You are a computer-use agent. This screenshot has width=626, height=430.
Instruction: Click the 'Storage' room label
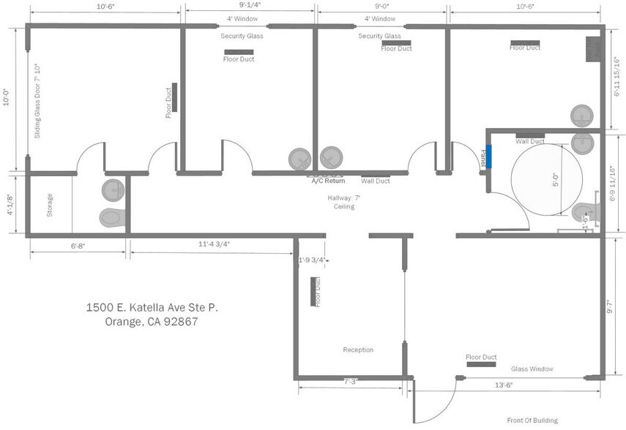tap(50, 205)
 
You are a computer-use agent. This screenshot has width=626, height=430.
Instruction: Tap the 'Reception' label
tap(358, 350)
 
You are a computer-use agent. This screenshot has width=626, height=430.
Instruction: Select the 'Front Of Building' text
tap(532, 420)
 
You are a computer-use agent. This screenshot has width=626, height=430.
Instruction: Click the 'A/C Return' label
tap(328, 181)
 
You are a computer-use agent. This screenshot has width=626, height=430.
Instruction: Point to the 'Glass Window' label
tap(532, 369)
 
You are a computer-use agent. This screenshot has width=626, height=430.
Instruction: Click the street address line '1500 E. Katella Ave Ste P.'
tap(152, 308)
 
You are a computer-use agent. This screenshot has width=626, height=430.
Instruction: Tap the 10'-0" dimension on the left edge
tap(7, 97)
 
